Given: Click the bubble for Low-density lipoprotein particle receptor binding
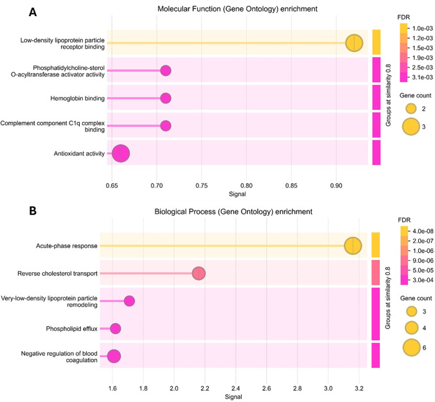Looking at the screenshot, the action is click(354, 43).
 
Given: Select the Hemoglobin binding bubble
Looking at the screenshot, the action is click(166, 98).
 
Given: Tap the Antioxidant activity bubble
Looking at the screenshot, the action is click(121, 153).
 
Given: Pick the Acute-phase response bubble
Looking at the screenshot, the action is click(353, 246).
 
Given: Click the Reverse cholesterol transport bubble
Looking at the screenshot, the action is click(199, 274).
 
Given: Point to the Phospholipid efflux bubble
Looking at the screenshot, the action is click(116, 329).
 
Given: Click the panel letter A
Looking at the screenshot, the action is click(33, 12).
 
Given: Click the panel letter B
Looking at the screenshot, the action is click(33, 211).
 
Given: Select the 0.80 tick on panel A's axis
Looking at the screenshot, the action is click(246, 186).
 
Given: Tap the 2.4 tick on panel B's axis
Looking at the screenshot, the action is click(236, 388).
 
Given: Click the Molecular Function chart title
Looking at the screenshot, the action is click(238, 9).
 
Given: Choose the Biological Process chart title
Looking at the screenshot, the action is click(233, 212).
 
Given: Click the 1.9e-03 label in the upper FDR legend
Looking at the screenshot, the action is click(422, 58).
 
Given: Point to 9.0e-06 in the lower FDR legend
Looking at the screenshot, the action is click(423, 261).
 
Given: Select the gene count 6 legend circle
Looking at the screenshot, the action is click(412, 347).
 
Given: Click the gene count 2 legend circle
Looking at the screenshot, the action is click(411, 109).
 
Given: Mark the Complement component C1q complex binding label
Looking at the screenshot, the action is click(53, 126).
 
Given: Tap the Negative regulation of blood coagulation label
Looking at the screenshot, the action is click(59, 357).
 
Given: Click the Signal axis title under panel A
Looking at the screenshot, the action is click(237, 194).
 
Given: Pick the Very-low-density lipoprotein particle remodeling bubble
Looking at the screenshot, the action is click(129, 301).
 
